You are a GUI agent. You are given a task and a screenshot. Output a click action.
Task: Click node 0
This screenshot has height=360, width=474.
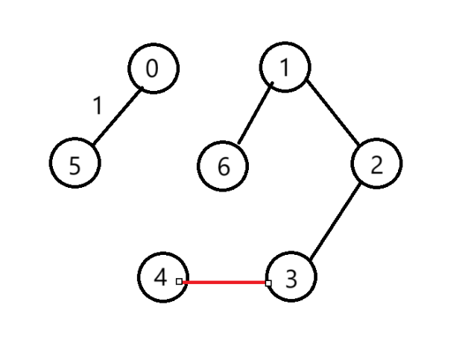(154, 69)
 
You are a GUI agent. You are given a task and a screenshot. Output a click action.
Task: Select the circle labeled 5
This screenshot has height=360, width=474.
(75, 165)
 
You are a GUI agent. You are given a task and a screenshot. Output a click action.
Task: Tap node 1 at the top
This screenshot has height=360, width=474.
(285, 68)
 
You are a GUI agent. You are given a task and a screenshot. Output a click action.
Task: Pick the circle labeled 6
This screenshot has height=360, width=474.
(224, 165)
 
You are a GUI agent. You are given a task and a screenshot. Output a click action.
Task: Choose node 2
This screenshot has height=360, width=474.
(376, 164)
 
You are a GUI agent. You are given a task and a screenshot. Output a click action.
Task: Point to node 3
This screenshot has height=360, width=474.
(291, 278)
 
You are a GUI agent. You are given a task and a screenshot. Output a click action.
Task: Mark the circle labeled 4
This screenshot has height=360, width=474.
(162, 277)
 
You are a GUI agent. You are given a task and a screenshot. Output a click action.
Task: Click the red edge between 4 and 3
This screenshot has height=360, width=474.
(224, 282)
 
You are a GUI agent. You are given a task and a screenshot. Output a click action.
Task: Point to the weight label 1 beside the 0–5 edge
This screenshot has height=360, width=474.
(97, 107)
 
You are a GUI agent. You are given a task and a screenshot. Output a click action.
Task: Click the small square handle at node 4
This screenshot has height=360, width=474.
(179, 281)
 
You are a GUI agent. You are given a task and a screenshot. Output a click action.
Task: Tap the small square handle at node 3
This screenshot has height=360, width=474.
(268, 282)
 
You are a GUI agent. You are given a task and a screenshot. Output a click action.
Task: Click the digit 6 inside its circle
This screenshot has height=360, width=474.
(224, 167)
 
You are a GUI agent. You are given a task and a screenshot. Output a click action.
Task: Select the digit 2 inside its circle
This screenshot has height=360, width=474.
(376, 165)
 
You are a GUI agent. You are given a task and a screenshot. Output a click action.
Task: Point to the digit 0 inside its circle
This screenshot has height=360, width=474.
(153, 69)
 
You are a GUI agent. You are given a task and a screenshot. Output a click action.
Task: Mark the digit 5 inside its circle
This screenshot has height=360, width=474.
(75, 166)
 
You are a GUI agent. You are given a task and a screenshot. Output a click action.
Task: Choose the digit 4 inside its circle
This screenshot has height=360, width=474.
(160, 278)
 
